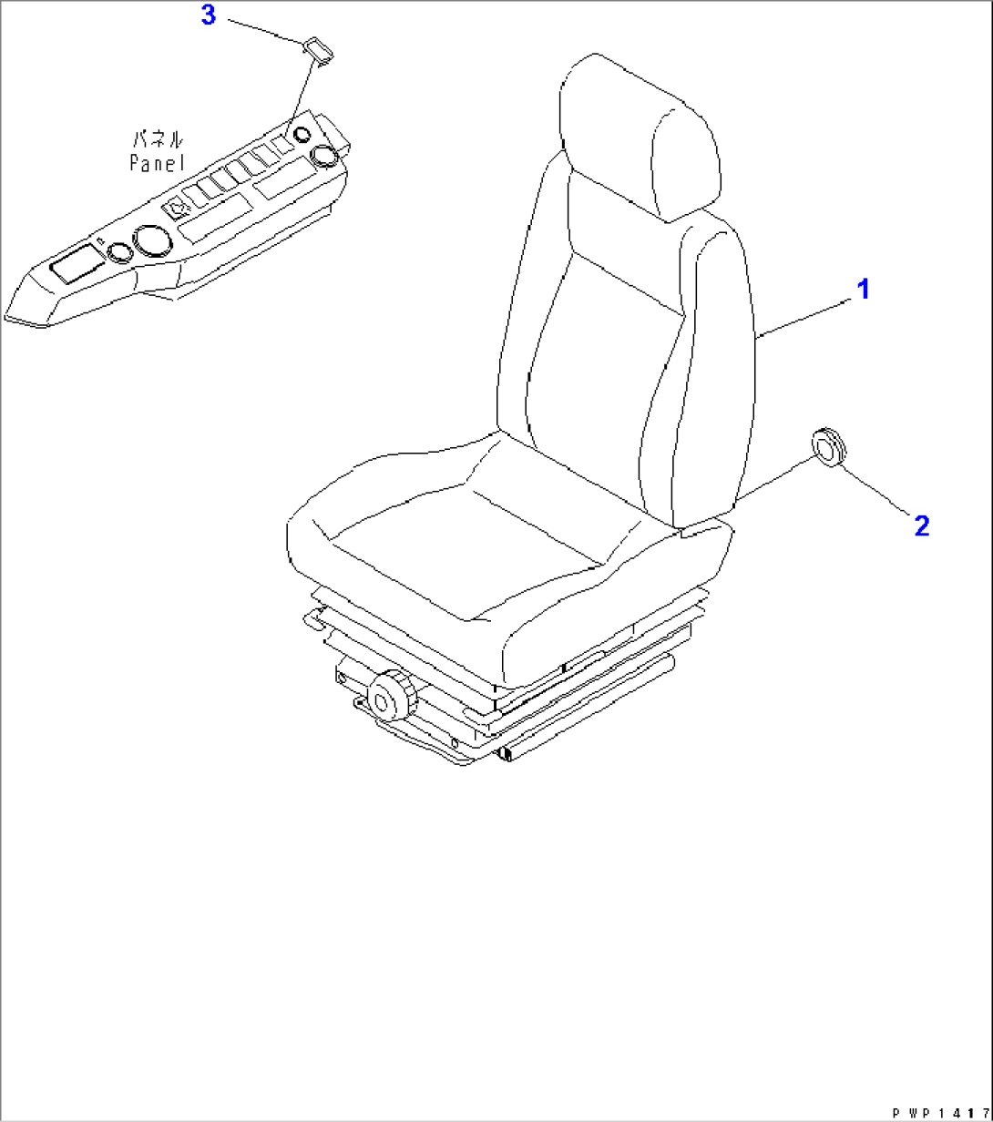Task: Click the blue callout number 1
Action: [x=863, y=289]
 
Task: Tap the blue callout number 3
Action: [x=209, y=15]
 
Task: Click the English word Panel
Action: [x=158, y=163]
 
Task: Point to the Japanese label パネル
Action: [x=159, y=139]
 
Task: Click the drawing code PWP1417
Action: [x=940, y=1113]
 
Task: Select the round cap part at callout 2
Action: [x=829, y=447]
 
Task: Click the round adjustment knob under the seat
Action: [x=392, y=695]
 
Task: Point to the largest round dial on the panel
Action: [x=153, y=241]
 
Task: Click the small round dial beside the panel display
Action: [x=119, y=253]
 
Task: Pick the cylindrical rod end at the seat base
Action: [x=505, y=753]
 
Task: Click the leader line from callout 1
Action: [x=803, y=317]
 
